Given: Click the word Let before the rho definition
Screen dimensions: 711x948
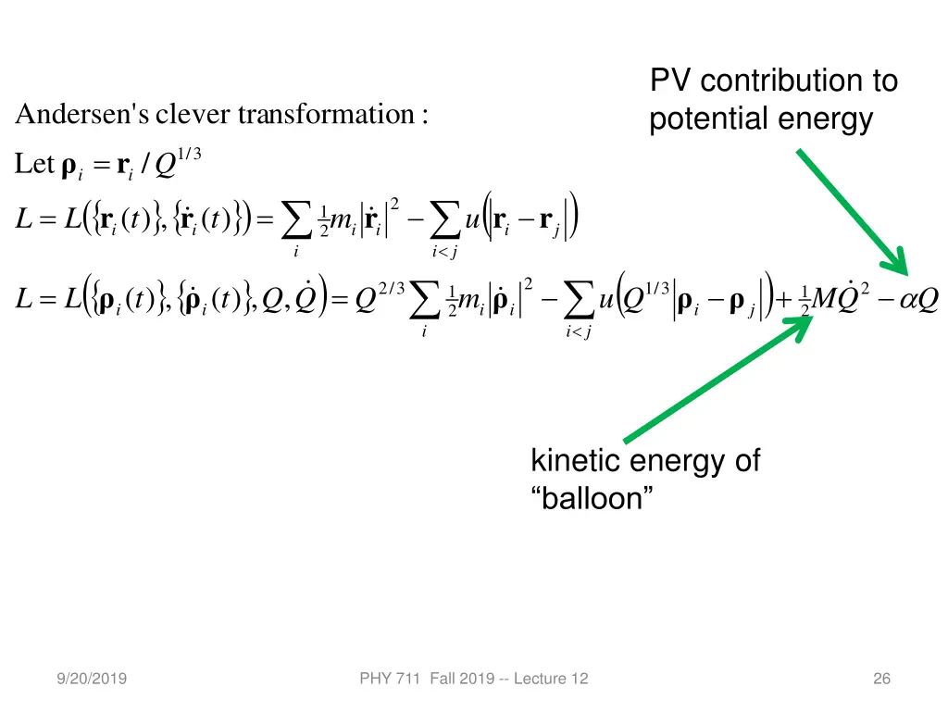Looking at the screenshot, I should coord(34,165).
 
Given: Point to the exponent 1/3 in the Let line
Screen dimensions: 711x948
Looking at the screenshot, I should coord(190,155).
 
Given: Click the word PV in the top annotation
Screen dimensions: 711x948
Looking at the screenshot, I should coord(671,81).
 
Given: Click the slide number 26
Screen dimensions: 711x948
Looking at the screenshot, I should coord(881,680).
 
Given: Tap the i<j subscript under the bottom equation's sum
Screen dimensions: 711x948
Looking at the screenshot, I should coord(578,332).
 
